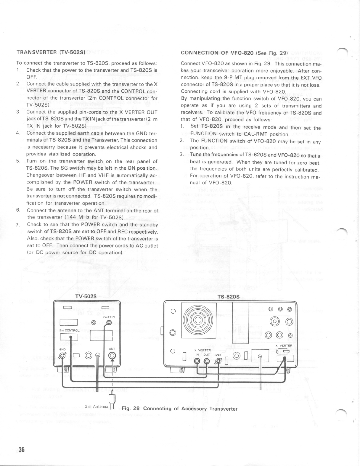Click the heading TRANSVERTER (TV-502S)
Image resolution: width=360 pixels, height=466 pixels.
pos(51,53)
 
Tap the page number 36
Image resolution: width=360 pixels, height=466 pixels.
pos(21,450)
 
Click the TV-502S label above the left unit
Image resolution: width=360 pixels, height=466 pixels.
pos(86,296)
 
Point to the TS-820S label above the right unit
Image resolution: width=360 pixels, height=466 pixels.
pos(228,296)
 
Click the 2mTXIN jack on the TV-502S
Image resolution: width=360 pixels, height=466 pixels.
pos(109,323)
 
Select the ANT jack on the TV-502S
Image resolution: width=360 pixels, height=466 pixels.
pos(112,356)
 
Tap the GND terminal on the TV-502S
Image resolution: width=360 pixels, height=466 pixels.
pos(62,356)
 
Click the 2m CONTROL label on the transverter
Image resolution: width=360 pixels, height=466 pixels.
pos(69,330)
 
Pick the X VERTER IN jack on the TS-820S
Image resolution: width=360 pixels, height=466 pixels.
pos(197,361)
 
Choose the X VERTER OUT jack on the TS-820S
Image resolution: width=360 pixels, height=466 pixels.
pos(207,361)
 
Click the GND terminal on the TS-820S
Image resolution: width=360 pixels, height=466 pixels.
pos(218,361)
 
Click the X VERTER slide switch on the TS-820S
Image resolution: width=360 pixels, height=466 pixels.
pos(283,351)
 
